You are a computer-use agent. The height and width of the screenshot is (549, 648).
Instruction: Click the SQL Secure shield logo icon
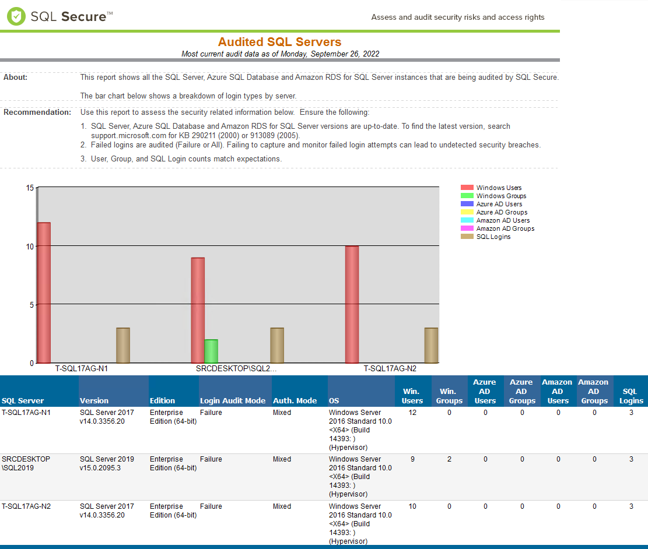click(16, 16)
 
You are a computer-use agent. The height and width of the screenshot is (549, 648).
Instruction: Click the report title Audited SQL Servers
click(279, 42)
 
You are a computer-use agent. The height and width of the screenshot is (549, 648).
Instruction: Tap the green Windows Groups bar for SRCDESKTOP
click(211, 351)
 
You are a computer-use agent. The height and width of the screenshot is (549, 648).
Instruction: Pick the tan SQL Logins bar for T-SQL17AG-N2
click(431, 345)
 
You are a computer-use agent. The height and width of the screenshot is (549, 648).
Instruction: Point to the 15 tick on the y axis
click(30, 188)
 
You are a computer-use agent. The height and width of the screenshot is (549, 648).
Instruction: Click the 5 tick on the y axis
click(31, 304)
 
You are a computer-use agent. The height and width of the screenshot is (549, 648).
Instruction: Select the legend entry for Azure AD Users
click(499, 204)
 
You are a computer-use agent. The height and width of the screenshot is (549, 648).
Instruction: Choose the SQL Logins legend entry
click(493, 237)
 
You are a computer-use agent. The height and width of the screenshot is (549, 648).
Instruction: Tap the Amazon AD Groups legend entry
click(505, 228)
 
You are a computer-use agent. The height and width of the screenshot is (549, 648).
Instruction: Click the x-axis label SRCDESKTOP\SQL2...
click(236, 369)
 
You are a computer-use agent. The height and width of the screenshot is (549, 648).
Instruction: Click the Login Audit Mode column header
click(233, 401)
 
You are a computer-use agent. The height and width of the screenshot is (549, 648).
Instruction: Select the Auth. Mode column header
click(295, 401)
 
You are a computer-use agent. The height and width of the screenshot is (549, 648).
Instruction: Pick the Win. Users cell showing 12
click(412, 413)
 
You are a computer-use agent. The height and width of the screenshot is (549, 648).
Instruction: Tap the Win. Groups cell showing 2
click(449, 459)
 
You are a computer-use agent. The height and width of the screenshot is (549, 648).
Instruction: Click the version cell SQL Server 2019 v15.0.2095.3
click(107, 463)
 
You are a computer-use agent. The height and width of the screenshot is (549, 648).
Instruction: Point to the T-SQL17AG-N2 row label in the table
click(26, 506)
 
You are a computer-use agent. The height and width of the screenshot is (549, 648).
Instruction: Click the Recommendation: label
click(37, 112)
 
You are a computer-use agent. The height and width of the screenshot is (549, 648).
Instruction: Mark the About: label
click(16, 77)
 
